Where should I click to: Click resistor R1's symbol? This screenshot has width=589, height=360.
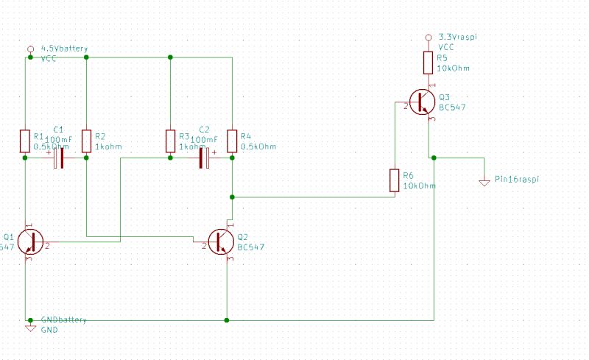click(26, 141)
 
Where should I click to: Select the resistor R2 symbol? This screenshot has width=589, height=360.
click(87, 141)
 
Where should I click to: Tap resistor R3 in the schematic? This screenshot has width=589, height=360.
click(170, 141)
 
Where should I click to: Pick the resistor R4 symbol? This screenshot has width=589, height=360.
click(232, 141)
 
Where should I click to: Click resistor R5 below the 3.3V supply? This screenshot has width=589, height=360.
click(428, 63)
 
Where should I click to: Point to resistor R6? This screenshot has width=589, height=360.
click(394, 180)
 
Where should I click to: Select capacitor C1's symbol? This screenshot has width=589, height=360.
click(60, 158)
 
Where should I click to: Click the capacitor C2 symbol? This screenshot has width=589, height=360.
click(204, 158)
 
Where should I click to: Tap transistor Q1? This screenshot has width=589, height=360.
click(29, 241)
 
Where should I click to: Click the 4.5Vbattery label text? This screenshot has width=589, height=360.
click(64, 49)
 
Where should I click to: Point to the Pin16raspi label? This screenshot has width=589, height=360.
click(517, 179)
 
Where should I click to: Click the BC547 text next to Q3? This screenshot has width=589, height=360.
click(452, 107)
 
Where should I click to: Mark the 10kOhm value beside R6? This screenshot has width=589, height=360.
click(420, 186)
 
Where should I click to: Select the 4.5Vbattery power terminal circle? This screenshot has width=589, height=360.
click(30, 49)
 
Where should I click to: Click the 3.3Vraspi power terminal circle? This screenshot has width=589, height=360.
click(428, 37)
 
